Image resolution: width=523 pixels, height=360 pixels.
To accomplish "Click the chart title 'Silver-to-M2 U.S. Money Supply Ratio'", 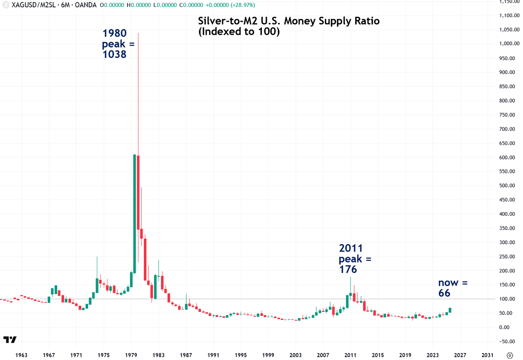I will [288, 21].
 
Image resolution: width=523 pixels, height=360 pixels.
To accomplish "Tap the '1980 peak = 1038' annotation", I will [118, 43].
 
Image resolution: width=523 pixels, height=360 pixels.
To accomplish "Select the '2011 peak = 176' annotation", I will [355, 259].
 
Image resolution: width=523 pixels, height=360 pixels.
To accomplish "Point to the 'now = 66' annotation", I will [453, 288].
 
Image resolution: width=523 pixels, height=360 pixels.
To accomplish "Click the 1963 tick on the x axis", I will [21, 355].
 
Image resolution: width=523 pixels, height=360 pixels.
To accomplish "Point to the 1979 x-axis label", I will [131, 355].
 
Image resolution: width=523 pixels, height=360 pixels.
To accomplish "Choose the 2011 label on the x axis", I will [351, 355].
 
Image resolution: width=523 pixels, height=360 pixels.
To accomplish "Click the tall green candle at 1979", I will [134, 212].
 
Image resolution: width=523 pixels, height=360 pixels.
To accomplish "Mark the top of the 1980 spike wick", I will [138, 33].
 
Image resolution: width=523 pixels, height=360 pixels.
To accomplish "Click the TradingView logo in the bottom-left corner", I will [10, 340].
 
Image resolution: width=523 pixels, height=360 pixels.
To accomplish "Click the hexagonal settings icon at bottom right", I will [510, 355].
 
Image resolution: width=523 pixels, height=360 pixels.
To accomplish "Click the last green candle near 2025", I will [450, 310].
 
